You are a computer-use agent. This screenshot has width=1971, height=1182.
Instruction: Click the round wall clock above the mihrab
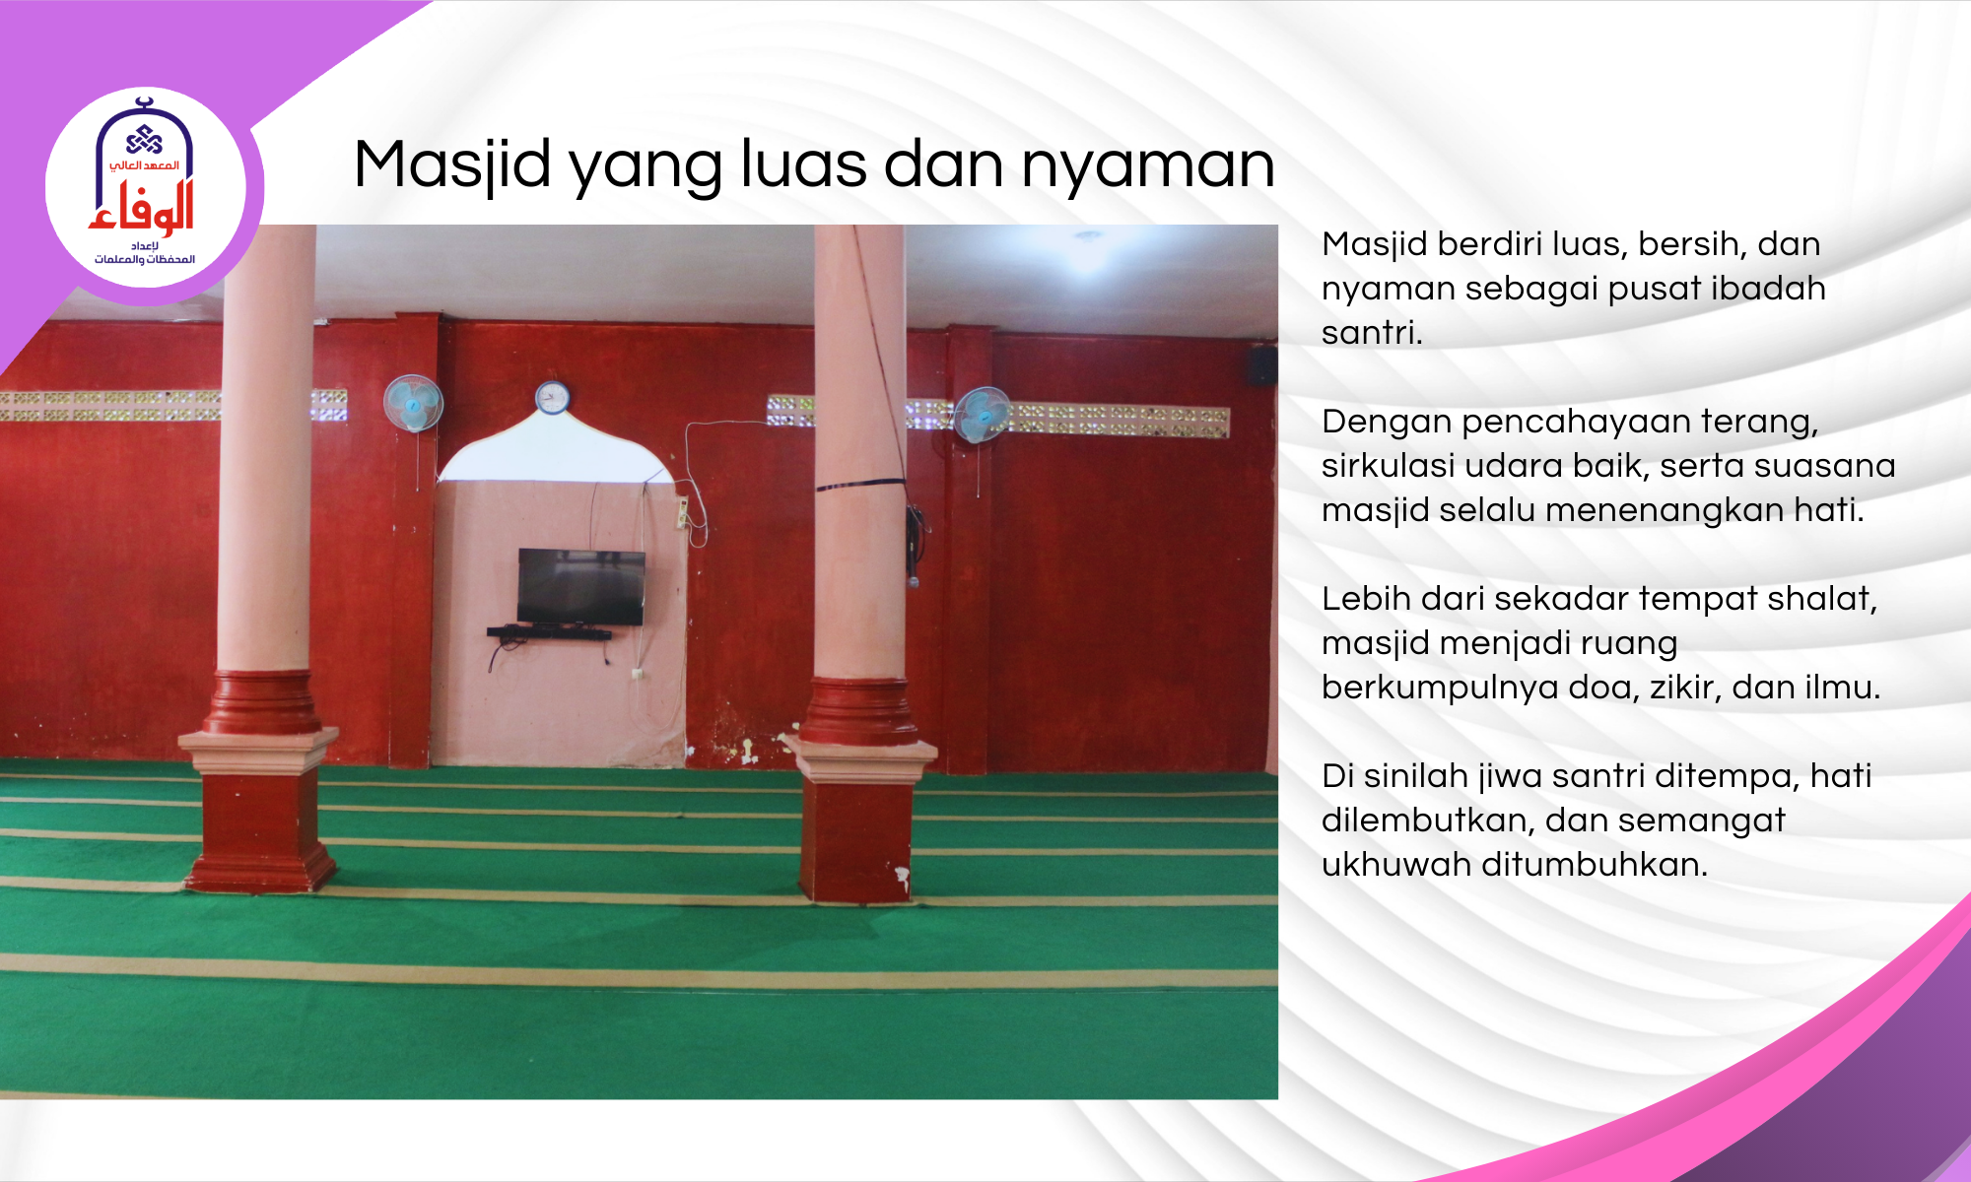tap(552, 397)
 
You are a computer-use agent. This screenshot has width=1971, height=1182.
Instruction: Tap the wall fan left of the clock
tap(413, 403)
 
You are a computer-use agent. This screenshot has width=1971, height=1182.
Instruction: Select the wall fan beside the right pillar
tap(982, 415)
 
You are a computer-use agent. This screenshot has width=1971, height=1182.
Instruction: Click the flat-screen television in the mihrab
tap(581, 587)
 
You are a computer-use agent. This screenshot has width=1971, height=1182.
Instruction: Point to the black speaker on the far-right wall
tap(1262, 365)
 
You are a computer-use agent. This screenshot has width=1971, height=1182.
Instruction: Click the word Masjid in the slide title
tap(452, 164)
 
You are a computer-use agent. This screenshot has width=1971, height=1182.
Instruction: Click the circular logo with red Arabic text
tap(146, 187)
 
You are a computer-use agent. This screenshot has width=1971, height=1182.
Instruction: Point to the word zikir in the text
tap(1685, 687)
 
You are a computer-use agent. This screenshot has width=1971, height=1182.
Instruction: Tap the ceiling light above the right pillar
tap(1088, 237)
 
